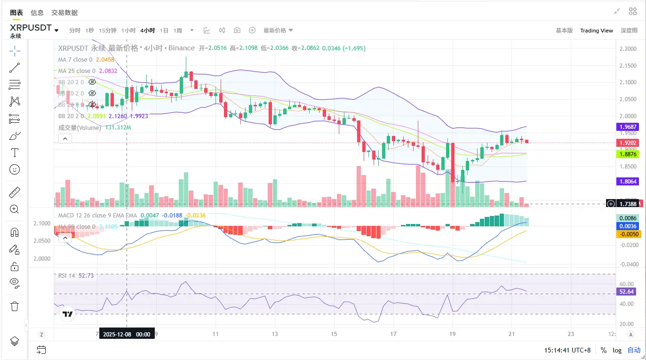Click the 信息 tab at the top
(x=37, y=13)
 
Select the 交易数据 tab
(x=64, y=13)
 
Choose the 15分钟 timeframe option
(x=108, y=31)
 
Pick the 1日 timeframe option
(x=164, y=31)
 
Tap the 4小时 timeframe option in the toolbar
(x=147, y=31)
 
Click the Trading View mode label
(x=596, y=31)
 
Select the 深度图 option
(x=629, y=31)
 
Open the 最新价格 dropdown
(x=278, y=31)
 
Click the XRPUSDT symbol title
(x=31, y=28)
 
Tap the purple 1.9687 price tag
(x=627, y=127)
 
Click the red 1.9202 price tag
(x=627, y=143)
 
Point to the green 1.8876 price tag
(x=627, y=154)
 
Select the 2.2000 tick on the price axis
(x=628, y=49)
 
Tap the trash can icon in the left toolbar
(x=15, y=306)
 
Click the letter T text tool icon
(x=15, y=152)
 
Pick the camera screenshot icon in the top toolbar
(x=237, y=31)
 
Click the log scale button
(x=617, y=350)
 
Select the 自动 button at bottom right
(x=634, y=350)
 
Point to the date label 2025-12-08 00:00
(x=127, y=334)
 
